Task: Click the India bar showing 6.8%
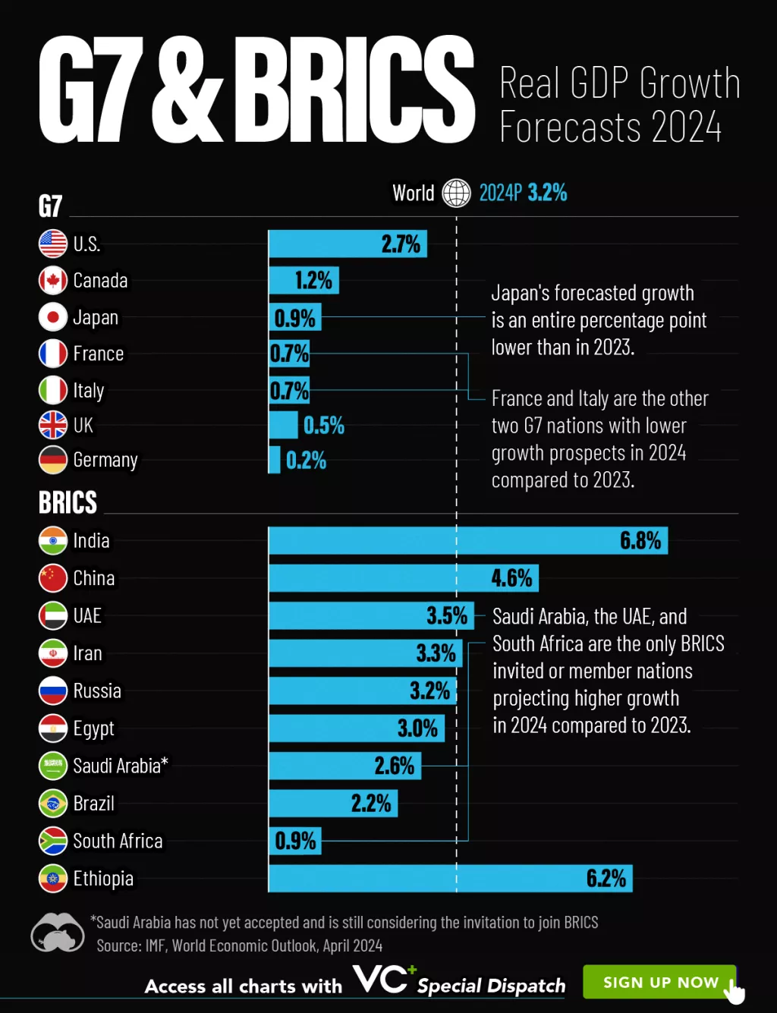[x=467, y=540]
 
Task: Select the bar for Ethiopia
[x=450, y=878]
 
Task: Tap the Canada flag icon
[x=53, y=281]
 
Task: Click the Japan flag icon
[x=53, y=317]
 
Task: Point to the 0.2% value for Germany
[x=306, y=460]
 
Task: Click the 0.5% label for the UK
[x=324, y=425]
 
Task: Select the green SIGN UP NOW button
[x=659, y=982]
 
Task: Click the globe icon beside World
[x=456, y=193]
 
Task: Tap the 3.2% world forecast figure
[x=547, y=193]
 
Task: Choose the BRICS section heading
[x=68, y=502]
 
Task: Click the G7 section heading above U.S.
[x=50, y=206]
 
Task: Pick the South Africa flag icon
[x=53, y=841]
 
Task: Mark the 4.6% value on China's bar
[x=511, y=578]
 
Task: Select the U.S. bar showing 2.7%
[x=348, y=244]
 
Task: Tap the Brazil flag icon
[x=53, y=803]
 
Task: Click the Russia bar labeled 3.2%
[x=363, y=691]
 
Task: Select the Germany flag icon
[x=53, y=460]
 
